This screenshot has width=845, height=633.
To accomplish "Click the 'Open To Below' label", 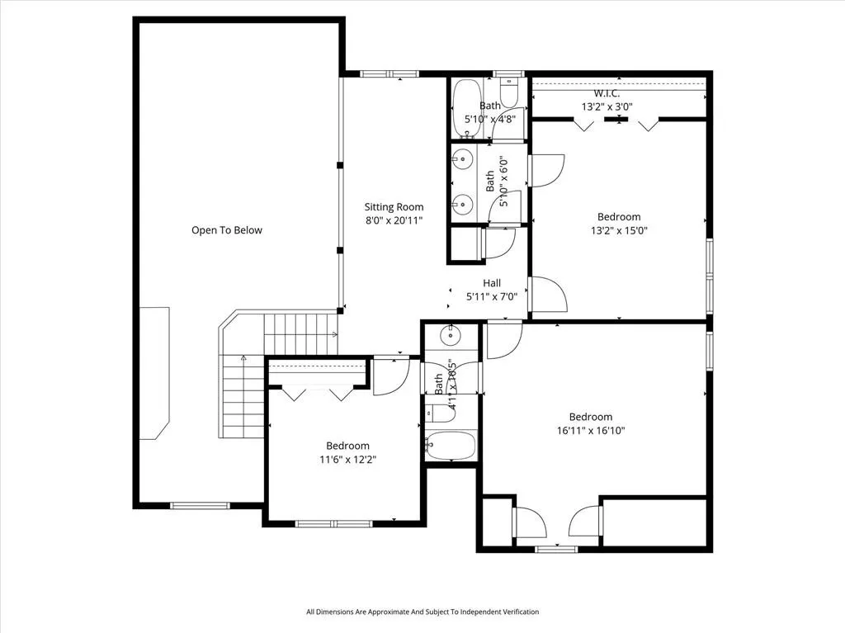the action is click(227, 230).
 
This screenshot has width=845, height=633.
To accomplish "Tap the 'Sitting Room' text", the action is click(394, 207).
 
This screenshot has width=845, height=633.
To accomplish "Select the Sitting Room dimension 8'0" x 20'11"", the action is click(394, 220).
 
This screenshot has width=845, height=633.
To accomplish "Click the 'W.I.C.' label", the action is click(607, 93).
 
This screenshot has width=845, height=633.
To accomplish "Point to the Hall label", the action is click(492, 283).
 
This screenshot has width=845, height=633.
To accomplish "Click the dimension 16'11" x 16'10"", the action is click(591, 431).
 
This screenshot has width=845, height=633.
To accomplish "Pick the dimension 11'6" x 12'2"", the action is click(347, 460).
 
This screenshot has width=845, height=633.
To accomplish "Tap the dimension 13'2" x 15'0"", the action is click(619, 231).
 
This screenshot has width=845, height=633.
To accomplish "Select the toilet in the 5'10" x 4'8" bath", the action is click(508, 92).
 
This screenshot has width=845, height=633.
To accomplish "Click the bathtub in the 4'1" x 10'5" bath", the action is click(451, 446).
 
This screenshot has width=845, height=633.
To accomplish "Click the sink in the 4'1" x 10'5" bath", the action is click(450, 337).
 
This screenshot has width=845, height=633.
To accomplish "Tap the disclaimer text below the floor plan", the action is click(422, 612).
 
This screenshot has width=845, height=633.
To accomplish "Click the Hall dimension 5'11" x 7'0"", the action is click(492, 296).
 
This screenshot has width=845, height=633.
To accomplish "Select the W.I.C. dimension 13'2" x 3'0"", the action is click(607, 106).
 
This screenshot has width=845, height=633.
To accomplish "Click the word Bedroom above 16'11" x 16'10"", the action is click(591, 417).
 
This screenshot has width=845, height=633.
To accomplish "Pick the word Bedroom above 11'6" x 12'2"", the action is click(347, 446).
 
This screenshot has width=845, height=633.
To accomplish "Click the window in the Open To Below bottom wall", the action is click(200, 506).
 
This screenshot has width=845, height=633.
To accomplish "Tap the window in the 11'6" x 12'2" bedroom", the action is click(334, 523).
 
